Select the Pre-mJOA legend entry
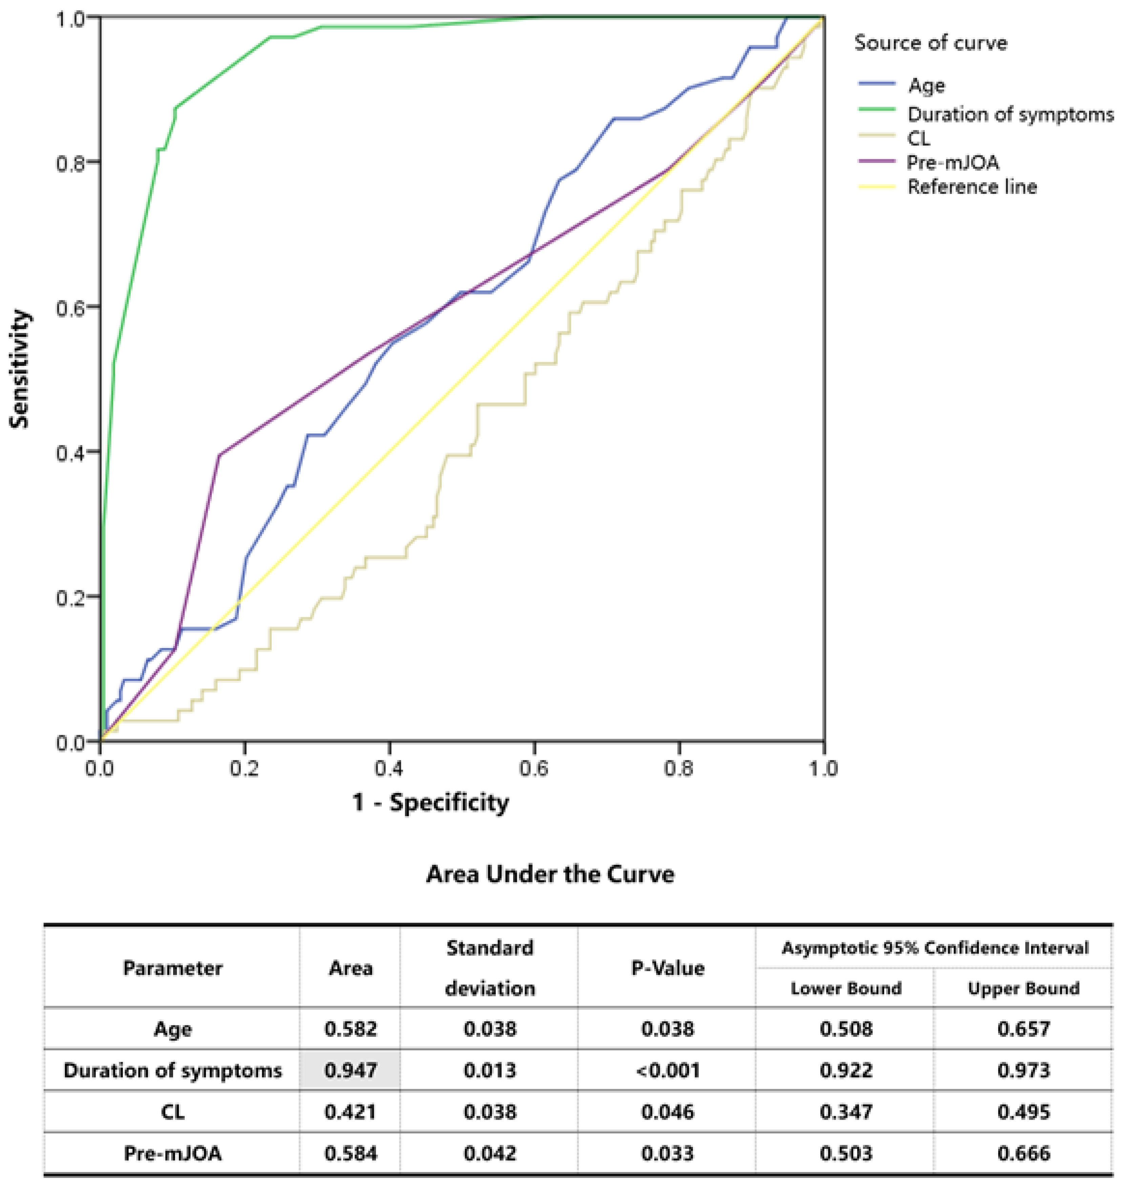tap(953, 163)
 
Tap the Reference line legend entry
tap(971, 187)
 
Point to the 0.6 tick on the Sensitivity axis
tap(71, 306)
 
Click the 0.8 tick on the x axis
tap(679, 769)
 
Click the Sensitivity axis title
tap(20, 369)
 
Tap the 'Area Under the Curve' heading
tap(550, 874)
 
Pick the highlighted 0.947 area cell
tap(350, 1070)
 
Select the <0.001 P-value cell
tap(667, 1070)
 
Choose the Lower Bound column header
tap(845, 988)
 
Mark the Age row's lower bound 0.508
tap(845, 1029)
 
